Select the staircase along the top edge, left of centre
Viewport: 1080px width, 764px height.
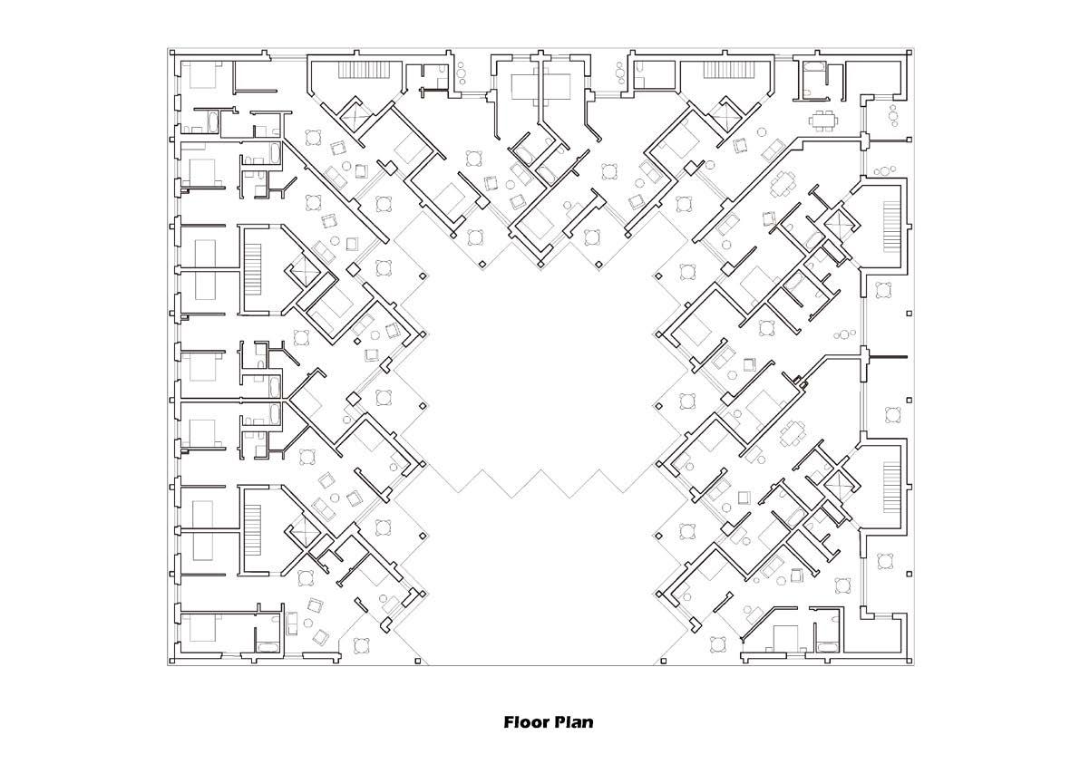(x=368, y=70)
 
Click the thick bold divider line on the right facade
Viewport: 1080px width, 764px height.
(x=887, y=356)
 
